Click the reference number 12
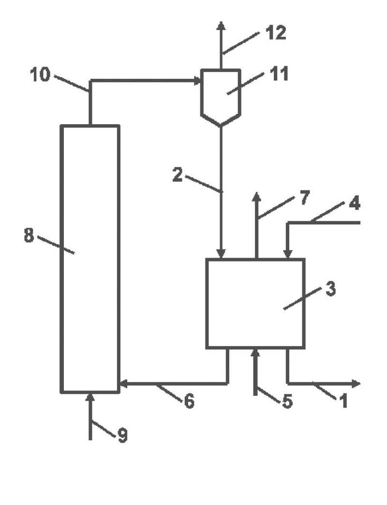pyautogui.click(x=276, y=33)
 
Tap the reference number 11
pyautogui.click(x=279, y=74)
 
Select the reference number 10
pyautogui.click(x=40, y=74)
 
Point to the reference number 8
pyautogui.click(x=29, y=235)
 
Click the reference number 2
pyautogui.click(x=178, y=175)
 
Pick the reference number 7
pyautogui.click(x=305, y=197)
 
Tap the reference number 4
pyautogui.click(x=355, y=203)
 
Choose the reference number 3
pyautogui.click(x=330, y=288)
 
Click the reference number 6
pyautogui.click(x=189, y=401)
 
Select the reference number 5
pyautogui.click(x=287, y=401)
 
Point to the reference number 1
pyautogui.click(x=343, y=401)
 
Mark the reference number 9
pyautogui.click(x=122, y=435)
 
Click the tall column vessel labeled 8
pyautogui.click(x=90, y=259)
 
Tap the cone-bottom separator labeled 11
pyautogui.click(x=221, y=97)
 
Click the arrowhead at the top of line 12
pyautogui.click(x=221, y=26)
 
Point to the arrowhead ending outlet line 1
pyautogui.click(x=356, y=383)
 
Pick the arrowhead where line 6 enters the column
pyautogui.click(x=124, y=383)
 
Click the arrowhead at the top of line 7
pyautogui.click(x=256, y=197)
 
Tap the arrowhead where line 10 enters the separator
pyautogui.click(x=197, y=81)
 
